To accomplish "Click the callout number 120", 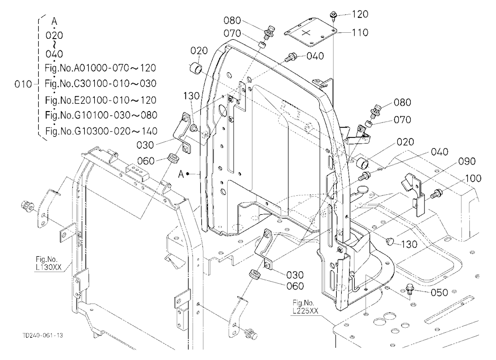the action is [360, 14].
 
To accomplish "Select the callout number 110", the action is [360, 32].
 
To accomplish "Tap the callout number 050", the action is [439, 292].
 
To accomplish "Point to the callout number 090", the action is [467, 161].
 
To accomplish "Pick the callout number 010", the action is [23, 84].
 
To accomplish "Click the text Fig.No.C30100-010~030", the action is [101, 83].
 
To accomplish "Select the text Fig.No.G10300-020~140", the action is [101, 131].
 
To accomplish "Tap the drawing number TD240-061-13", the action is [43, 335].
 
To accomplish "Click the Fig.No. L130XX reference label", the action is [49, 264].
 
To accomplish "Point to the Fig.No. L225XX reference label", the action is [305, 307].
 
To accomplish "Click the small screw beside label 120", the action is [333, 15].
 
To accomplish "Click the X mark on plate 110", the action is [307, 32].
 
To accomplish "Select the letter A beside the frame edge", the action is [181, 175].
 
